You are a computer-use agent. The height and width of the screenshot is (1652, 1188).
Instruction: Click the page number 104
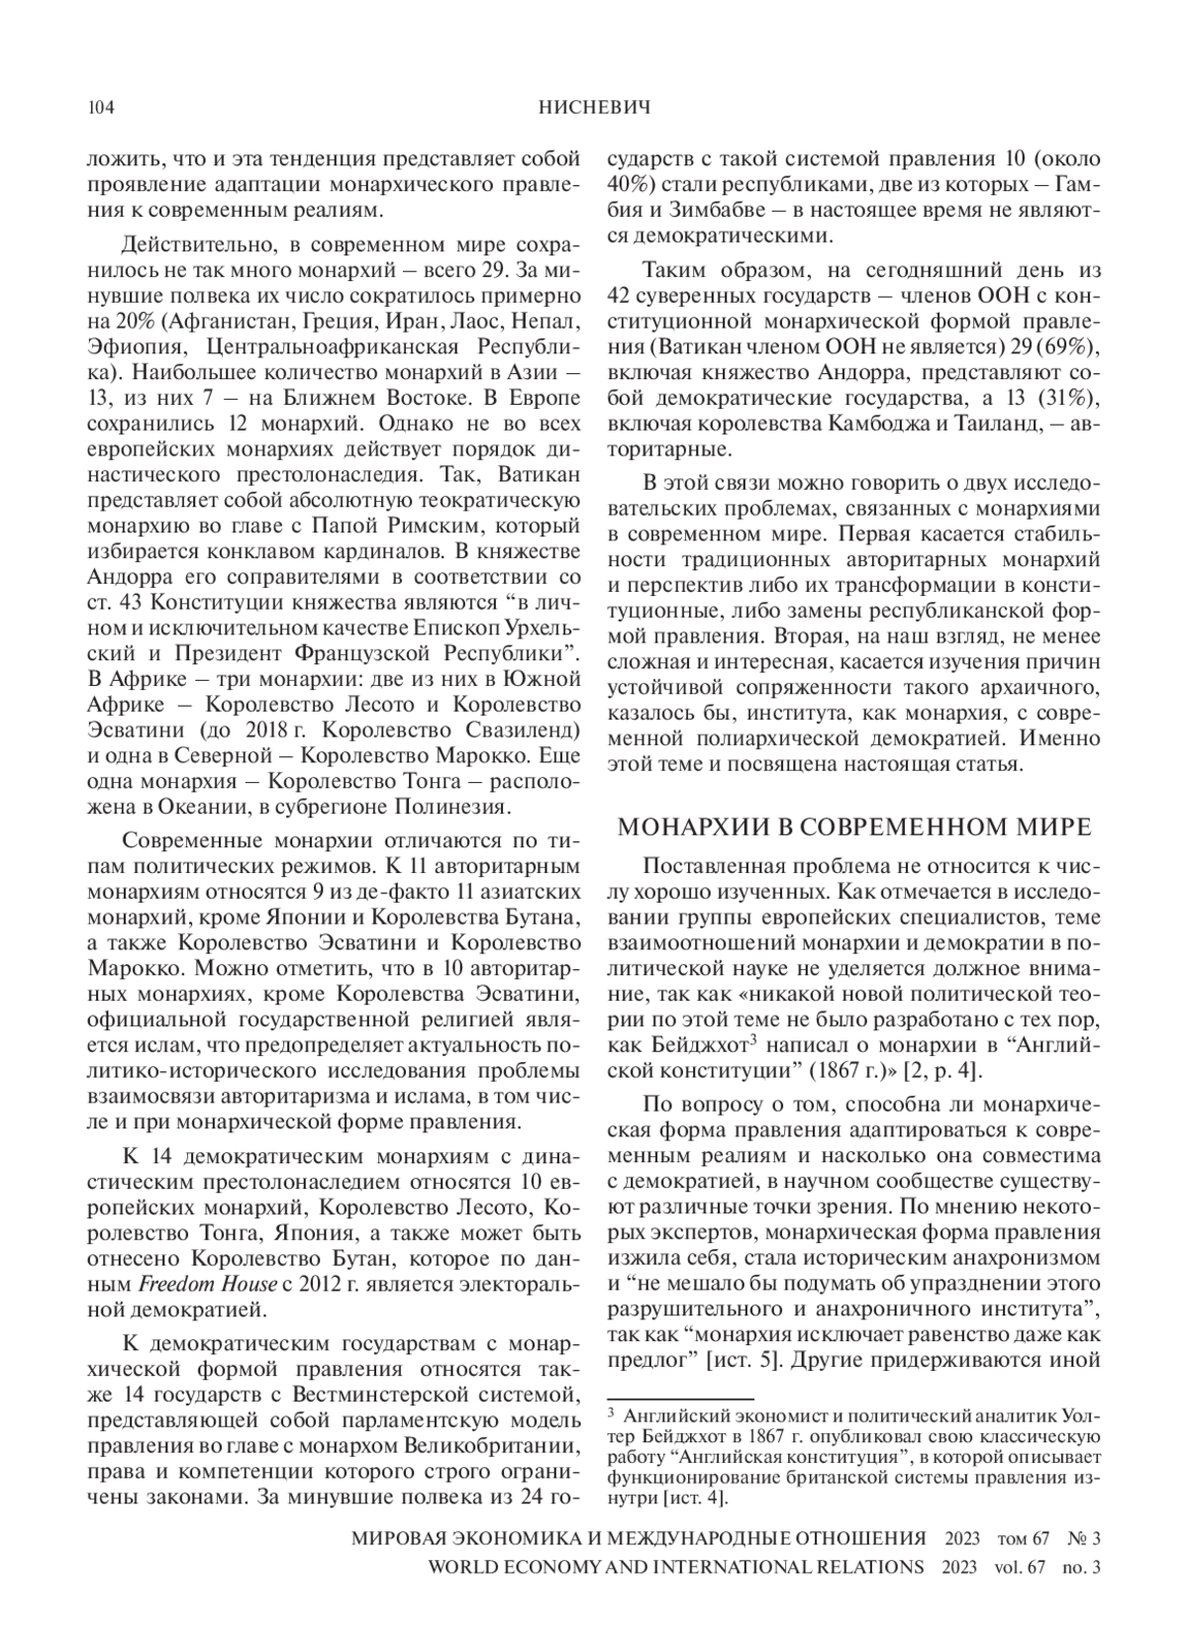(102, 107)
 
